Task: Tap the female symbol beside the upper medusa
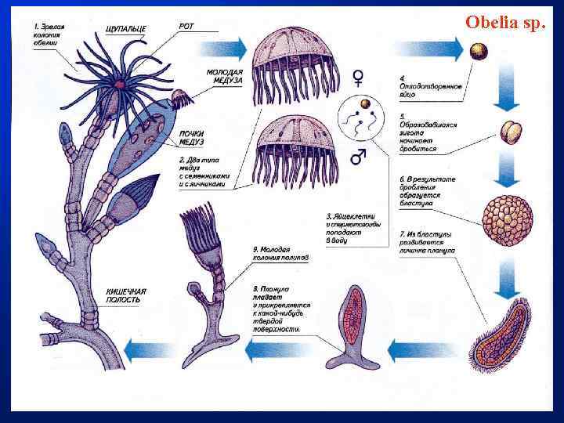(358, 77)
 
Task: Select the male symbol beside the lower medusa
(358, 156)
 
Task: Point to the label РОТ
(186, 26)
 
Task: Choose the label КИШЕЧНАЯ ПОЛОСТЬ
(126, 295)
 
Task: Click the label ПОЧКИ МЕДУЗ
(192, 137)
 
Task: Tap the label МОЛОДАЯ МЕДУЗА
(225, 77)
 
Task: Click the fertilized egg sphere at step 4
(478, 52)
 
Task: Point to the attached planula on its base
(352, 325)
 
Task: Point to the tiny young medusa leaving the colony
(182, 99)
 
